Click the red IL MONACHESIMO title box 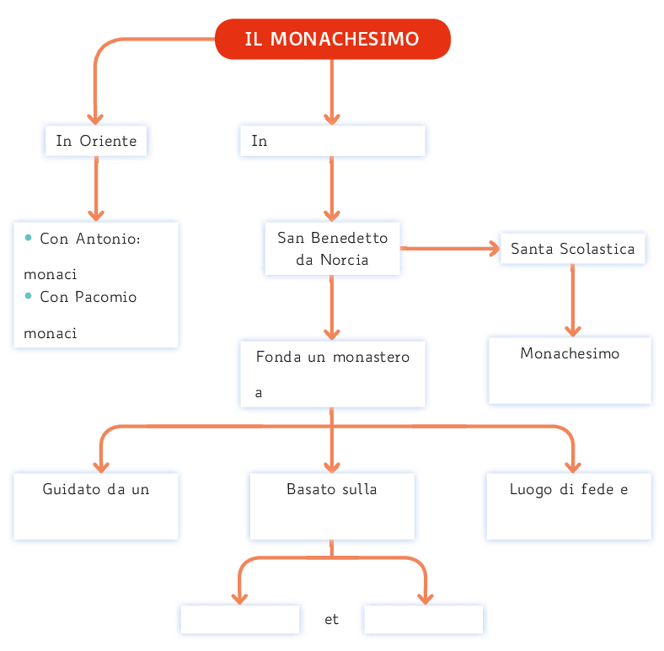332,40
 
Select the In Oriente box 96,141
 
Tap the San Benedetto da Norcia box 332,249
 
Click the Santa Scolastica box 572,249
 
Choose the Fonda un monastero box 332,374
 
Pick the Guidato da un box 96,505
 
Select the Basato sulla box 332,505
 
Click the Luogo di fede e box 569,505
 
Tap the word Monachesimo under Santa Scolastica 570,353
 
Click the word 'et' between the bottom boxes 331,620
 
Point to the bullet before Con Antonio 29,237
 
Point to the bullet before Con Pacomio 29,295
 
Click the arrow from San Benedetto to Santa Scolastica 450,249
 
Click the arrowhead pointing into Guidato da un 101,465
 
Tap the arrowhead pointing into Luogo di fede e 573,465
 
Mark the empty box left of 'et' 240,620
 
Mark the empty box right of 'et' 423,620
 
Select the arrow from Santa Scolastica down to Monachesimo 573,300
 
